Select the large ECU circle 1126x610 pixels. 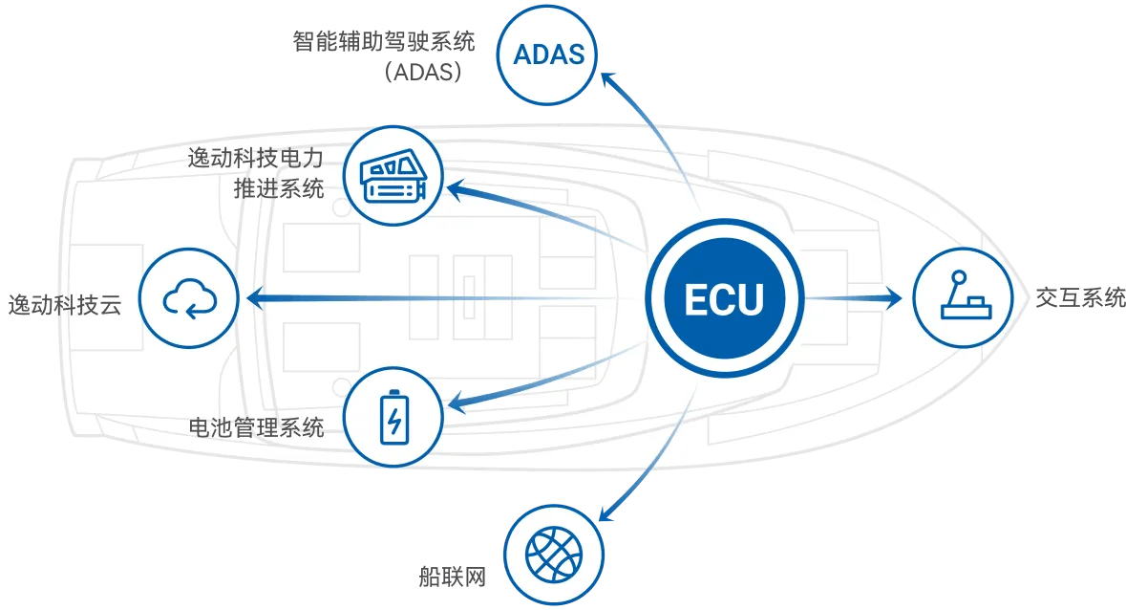724,300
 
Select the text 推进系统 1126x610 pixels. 278,187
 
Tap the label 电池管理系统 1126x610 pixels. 257,426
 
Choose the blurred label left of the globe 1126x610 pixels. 450,577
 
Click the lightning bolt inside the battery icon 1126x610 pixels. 393,421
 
